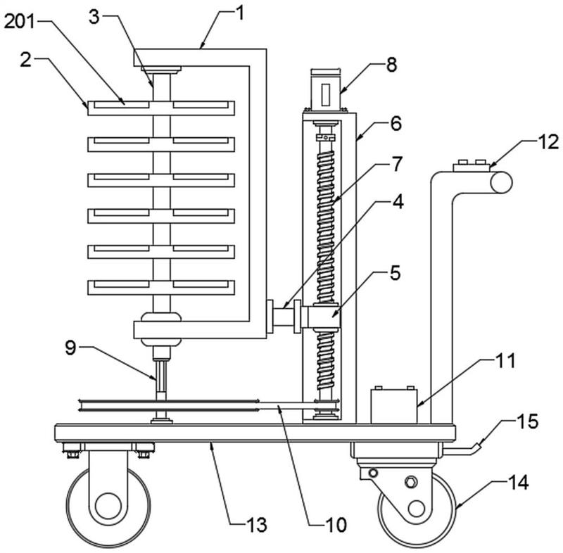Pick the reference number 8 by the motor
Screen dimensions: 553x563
point(391,65)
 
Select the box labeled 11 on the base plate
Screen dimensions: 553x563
point(393,404)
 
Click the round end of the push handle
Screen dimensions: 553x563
point(500,182)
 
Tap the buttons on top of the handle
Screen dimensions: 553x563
point(471,165)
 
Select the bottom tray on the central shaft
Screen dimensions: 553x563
point(161,286)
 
